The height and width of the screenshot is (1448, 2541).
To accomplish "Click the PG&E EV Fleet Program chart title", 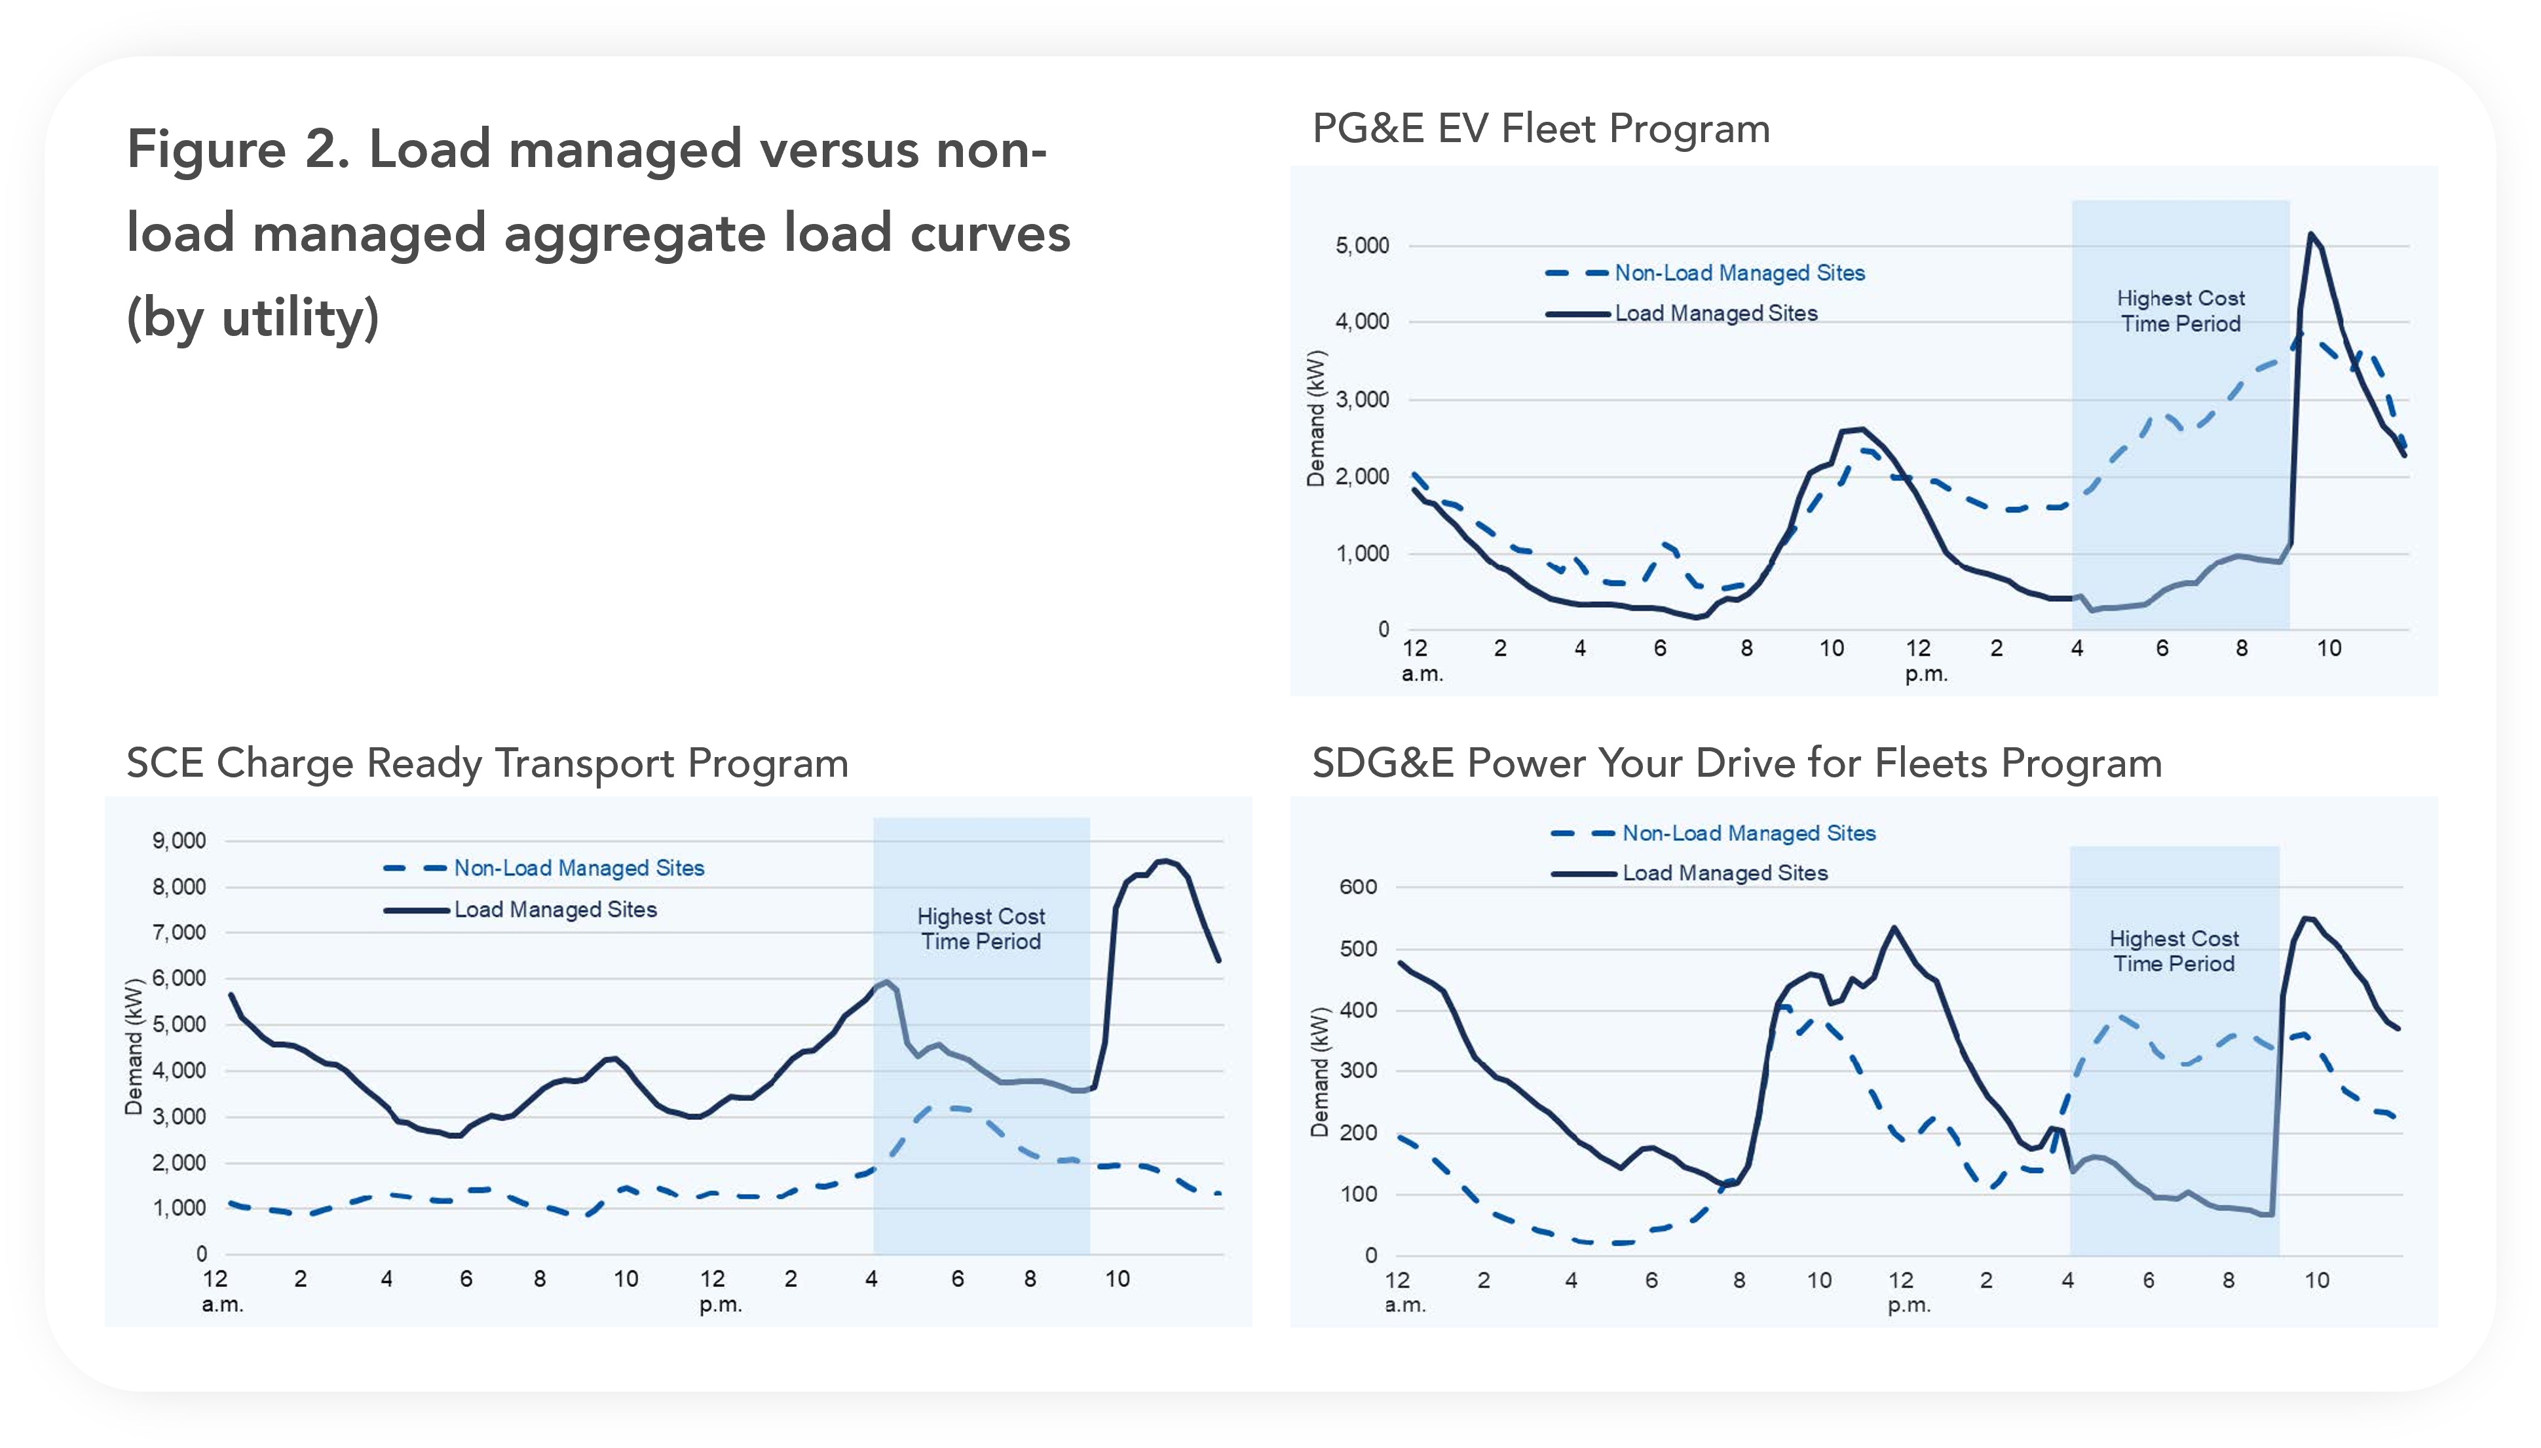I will click(x=1541, y=129).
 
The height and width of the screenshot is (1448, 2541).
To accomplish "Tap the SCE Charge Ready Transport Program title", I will click(x=487, y=764).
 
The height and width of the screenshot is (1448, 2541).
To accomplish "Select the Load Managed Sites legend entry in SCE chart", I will click(x=555, y=910).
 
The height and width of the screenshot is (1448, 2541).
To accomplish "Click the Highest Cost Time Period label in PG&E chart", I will click(x=2180, y=311).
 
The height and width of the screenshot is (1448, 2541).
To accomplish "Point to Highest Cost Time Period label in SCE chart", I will click(x=981, y=929).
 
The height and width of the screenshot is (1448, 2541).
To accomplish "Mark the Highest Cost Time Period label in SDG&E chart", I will click(x=2174, y=951).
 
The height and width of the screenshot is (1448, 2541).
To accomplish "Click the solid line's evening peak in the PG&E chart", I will click(x=2309, y=234).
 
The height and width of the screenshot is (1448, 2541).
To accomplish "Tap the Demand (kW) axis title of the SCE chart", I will click(x=133, y=1047).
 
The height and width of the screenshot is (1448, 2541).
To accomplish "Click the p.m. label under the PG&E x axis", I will click(x=1925, y=675).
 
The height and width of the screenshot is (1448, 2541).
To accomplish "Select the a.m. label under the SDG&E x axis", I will click(x=1404, y=1305).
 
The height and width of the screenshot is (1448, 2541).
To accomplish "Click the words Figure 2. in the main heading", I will click(x=238, y=150).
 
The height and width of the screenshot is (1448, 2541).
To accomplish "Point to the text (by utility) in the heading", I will click(x=253, y=319).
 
